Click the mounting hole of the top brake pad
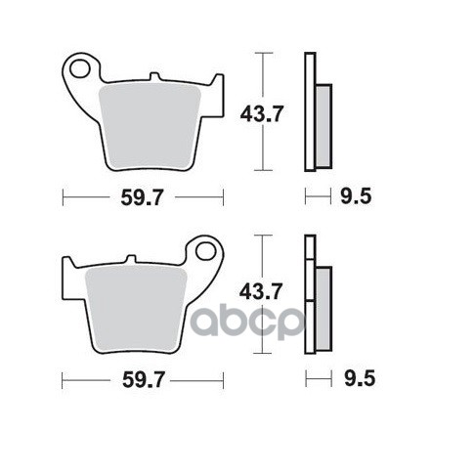(x=79, y=68)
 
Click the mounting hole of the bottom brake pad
(x=206, y=251)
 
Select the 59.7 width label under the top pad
(x=142, y=197)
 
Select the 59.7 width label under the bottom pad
(x=143, y=380)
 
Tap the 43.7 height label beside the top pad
(x=261, y=114)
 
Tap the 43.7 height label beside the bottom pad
(x=260, y=291)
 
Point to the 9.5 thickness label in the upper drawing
(x=356, y=196)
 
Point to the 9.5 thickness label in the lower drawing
(x=360, y=378)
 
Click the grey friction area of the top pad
(x=150, y=125)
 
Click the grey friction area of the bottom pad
(x=136, y=308)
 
